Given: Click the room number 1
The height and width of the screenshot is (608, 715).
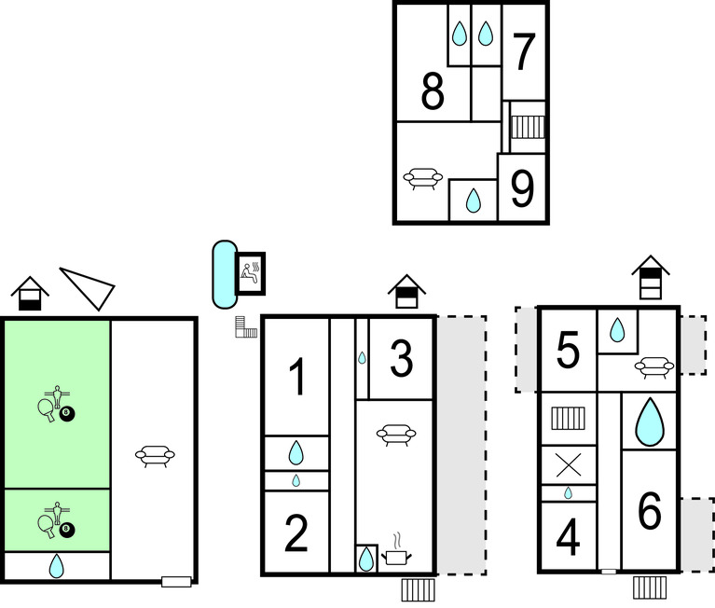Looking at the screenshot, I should pyautogui.click(x=296, y=378).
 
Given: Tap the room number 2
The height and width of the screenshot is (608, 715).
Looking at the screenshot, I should pyautogui.click(x=296, y=533).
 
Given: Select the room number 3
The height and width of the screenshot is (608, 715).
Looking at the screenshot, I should pyautogui.click(x=401, y=360).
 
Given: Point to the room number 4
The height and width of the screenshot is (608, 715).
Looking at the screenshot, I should pyautogui.click(x=568, y=538).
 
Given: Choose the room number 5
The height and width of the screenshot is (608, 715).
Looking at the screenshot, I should pyautogui.click(x=568, y=351).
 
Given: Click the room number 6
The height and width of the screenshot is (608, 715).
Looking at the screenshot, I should pyautogui.click(x=649, y=511).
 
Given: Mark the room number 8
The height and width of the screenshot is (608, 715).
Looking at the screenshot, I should pyautogui.click(x=432, y=93).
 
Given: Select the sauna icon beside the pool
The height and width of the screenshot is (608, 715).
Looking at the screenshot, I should pyautogui.click(x=251, y=273).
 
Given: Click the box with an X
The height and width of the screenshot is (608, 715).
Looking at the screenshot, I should pyautogui.click(x=569, y=464).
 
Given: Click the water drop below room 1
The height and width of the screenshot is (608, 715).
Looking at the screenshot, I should pyautogui.click(x=296, y=453).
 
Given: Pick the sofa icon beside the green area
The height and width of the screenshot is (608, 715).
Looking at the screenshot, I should pyautogui.click(x=155, y=455).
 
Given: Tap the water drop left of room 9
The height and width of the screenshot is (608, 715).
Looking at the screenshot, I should pyautogui.click(x=473, y=200).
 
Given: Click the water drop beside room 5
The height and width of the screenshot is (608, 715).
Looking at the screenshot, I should pyautogui.click(x=616, y=329).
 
